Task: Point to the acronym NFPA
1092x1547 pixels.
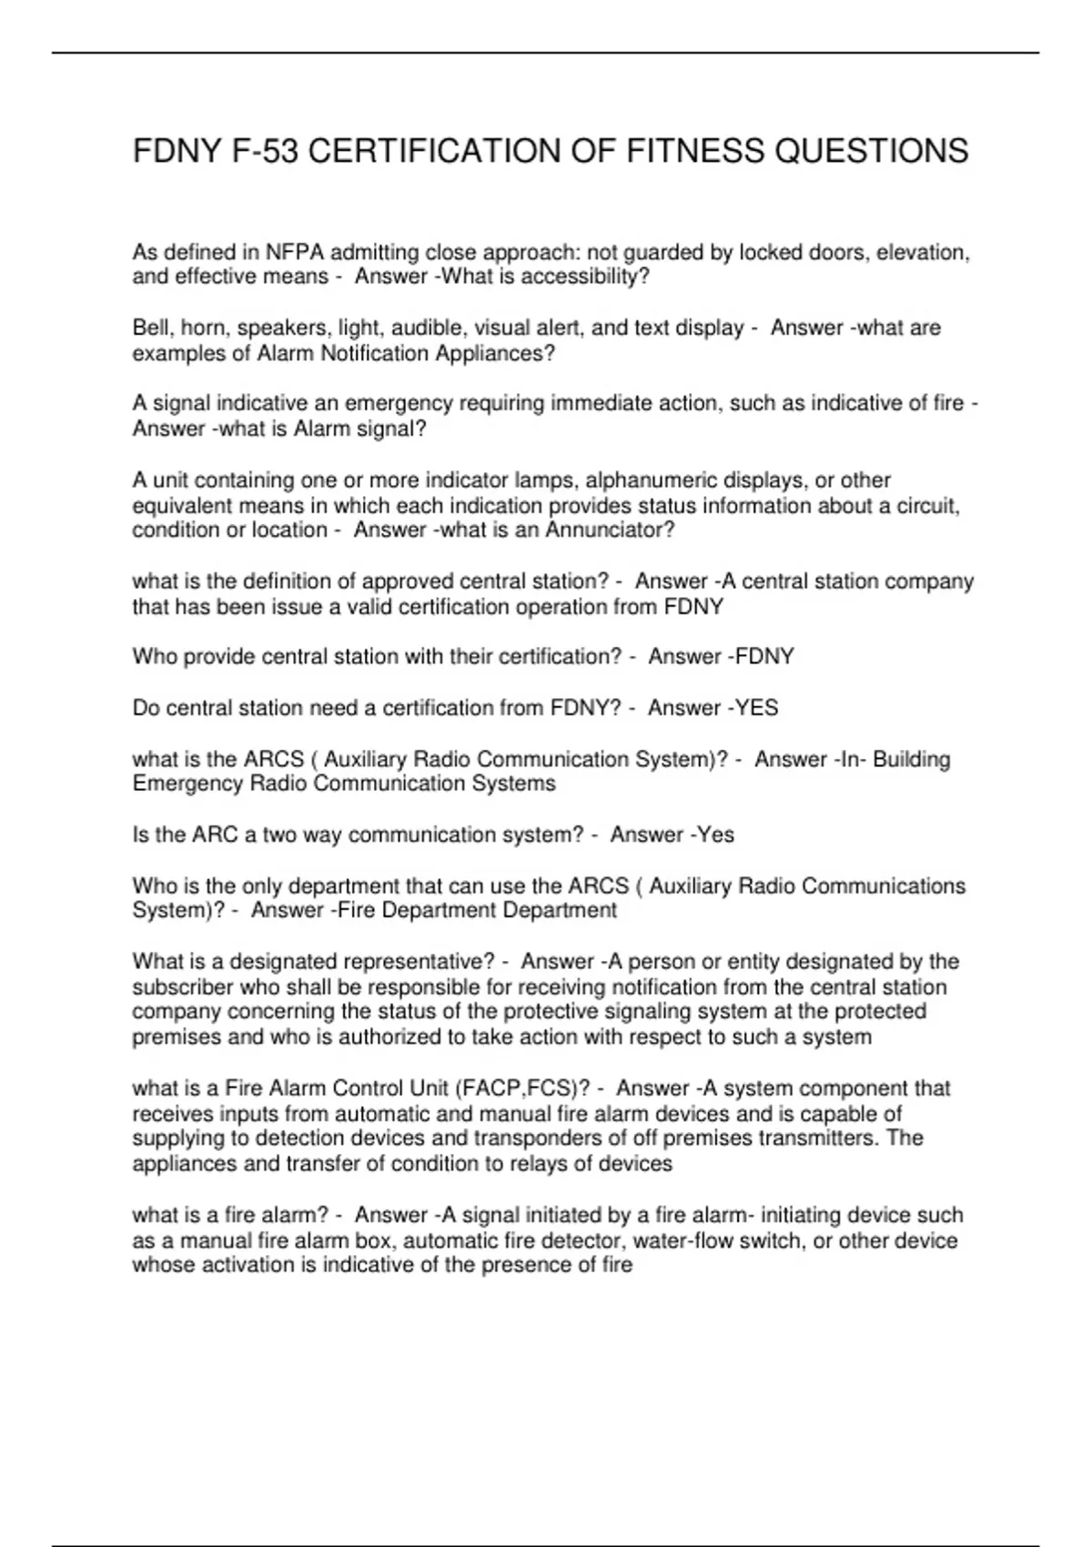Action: (x=295, y=252)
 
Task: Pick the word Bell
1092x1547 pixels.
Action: (x=151, y=328)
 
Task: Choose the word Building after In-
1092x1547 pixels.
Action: (x=911, y=759)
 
